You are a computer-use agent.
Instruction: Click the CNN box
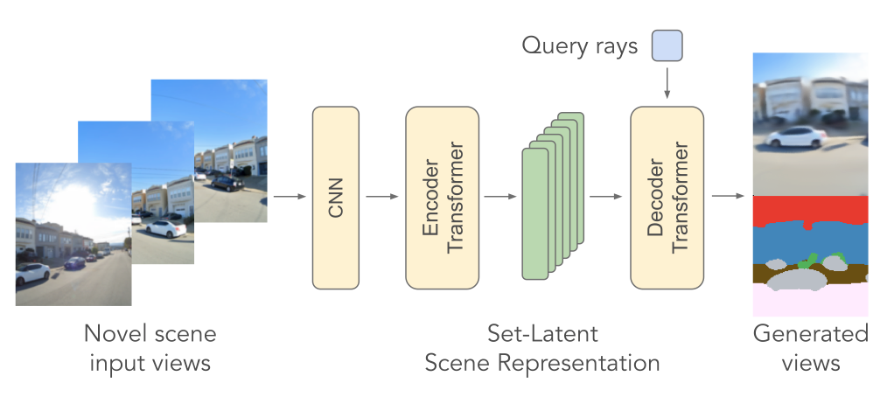[x=336, y=198]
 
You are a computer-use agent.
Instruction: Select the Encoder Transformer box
[x=443, y=198]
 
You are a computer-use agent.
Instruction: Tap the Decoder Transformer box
[x=667, y=198]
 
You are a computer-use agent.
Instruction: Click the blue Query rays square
[x=667, y=45]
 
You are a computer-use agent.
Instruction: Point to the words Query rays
[x=580, y=45]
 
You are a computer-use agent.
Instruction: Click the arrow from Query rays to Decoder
[x=667, y=83]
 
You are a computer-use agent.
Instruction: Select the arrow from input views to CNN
[x=290, y=196]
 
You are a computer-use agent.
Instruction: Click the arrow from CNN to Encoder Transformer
[x=382, y=196]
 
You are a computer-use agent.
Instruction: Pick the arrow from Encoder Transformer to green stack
[x=500, y=196]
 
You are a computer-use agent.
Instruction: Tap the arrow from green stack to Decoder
[x=606, y=196]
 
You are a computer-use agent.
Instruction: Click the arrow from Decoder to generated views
[x=729, y=196]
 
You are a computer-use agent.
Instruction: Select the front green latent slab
[x=534, y=213]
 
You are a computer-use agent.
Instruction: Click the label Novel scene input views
[x=150, y=348]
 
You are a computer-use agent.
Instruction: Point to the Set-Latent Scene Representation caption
[x=542, y=348]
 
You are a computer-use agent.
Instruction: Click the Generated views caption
[x=811, y=348]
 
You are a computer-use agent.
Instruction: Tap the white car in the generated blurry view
[x=796, y=136]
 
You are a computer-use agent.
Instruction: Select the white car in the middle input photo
[x=165, y=229]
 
